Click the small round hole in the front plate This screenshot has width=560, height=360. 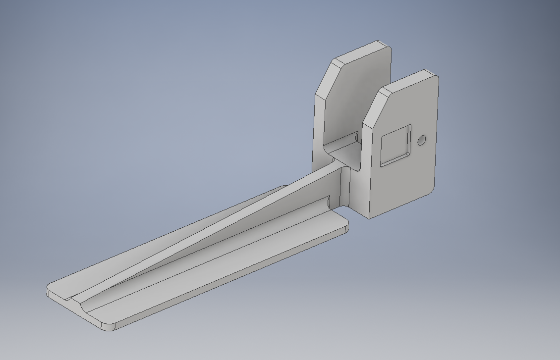[x=422, y=140]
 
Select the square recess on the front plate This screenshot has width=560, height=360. [x=395, y=145]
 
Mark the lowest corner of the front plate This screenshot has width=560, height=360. [x=369, y=217]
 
